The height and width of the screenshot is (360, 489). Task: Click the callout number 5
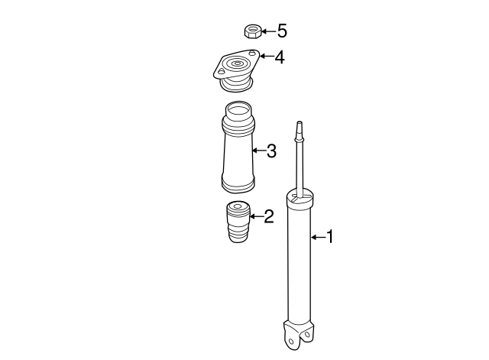(x=282, y=31)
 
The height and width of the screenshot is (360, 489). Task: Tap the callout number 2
(x=267, y=218)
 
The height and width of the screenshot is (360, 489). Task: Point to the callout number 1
(x=330, y=237)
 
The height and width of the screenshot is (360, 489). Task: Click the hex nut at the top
(x=252, y=31)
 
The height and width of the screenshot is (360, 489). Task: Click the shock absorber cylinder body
(x=298, y=260)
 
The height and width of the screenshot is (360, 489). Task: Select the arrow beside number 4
(x=265, y=57)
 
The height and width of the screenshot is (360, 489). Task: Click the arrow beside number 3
(x=257, y=151)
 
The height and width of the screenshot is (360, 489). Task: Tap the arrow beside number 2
(x=255, y=218)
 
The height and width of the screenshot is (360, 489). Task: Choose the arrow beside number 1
(x=317, y=237)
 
